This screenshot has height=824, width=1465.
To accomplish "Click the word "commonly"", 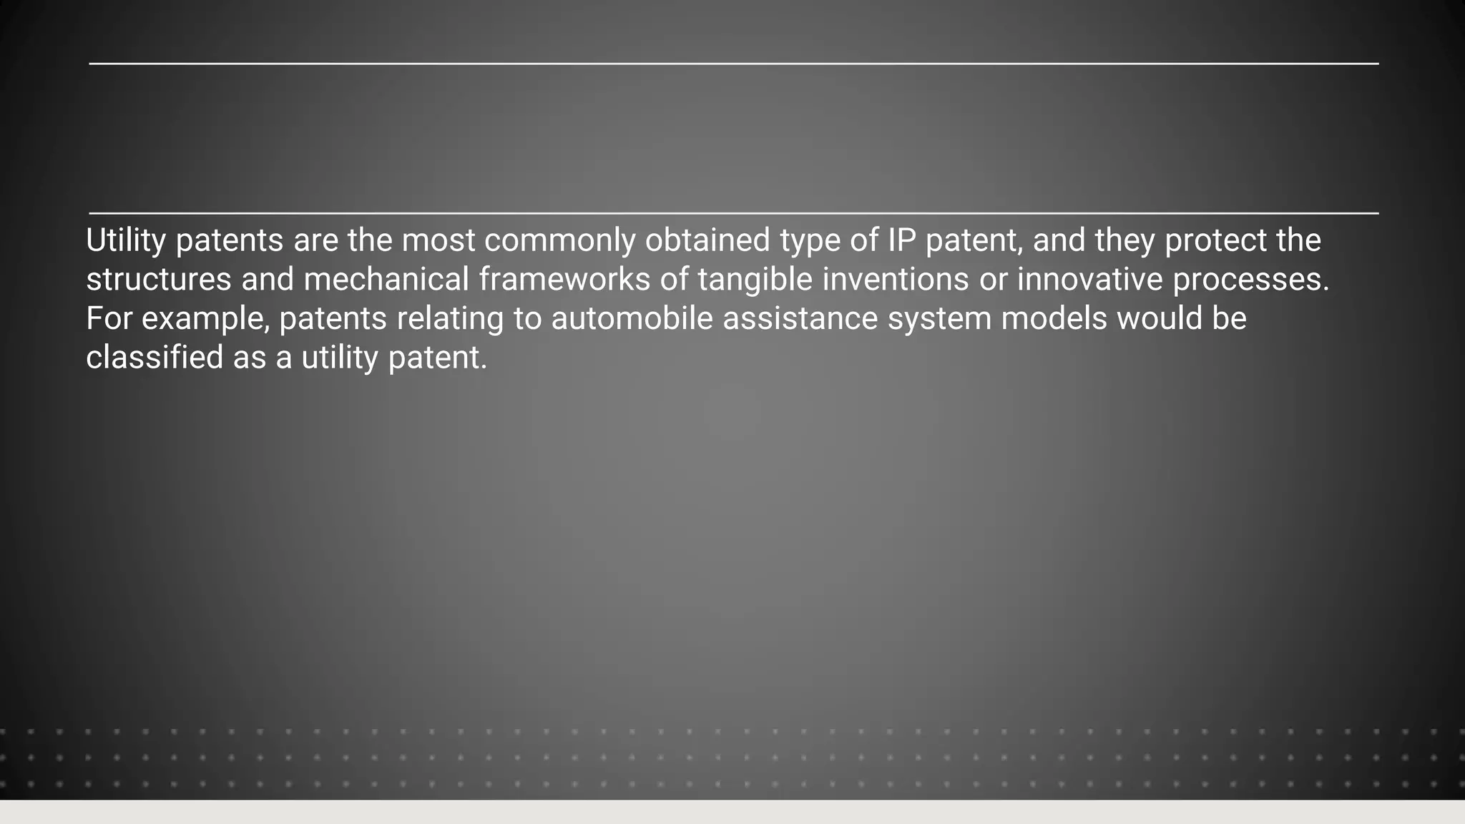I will [x=559, y=241].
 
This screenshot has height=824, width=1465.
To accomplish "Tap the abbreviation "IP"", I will [x=901, y=240].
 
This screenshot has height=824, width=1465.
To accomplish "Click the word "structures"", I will [x=158, y=280].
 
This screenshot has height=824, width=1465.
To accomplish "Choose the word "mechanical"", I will [x=386, y=280].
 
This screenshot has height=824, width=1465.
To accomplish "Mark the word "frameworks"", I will [x=564, y=280].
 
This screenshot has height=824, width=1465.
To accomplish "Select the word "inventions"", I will [x=895, y=280].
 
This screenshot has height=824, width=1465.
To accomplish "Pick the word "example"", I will [x=202, y=319].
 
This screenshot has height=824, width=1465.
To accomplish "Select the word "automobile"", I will [x=632, y=319].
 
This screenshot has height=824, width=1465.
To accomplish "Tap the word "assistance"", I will [x=800, y=319].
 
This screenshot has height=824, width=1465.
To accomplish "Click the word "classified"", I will [x=155, y=358].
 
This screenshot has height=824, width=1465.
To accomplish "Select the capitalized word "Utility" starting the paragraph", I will [x=126, y=241].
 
